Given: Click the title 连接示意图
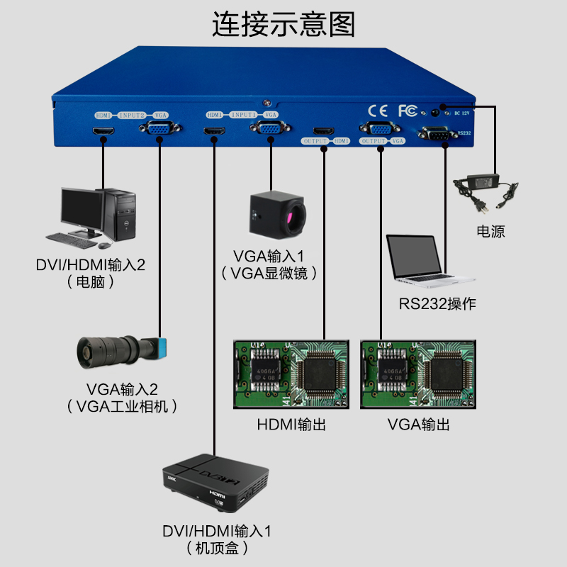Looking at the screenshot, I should coord(283,26).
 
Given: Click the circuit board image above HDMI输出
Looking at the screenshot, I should coord(291,374).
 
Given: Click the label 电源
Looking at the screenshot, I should coord(490,232).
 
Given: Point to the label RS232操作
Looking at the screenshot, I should coord(437,305).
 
